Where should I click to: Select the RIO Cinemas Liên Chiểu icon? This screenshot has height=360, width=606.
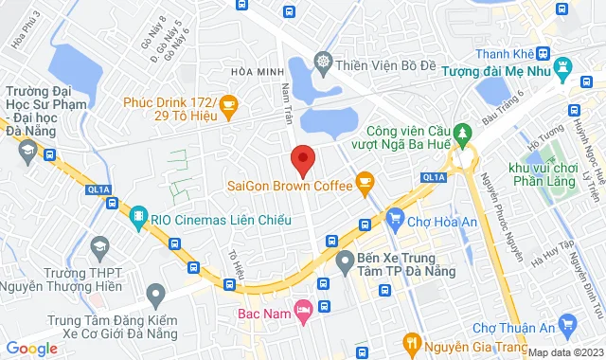tap(139, 217)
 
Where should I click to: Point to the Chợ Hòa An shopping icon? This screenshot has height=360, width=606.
tap(394, 221)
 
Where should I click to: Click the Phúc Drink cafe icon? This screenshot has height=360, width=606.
tap(227, 101)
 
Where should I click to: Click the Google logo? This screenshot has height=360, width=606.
tap(31, 349)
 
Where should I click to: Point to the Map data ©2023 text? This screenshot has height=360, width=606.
tap(565, 352)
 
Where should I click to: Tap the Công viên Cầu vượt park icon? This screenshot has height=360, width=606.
tap(462, 132)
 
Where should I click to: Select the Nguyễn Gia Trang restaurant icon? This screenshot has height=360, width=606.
tap(411, 342)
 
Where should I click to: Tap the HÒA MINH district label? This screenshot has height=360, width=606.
tap(257, 72)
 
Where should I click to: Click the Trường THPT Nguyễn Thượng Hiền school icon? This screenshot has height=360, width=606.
tap(98, 248)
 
